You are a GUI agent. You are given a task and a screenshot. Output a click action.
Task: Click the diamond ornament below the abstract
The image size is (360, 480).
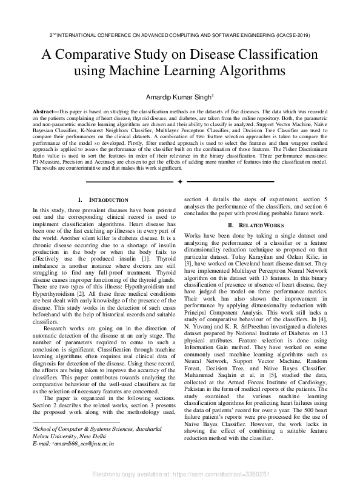tap(180, 181)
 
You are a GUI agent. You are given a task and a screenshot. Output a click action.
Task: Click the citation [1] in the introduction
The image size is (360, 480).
tap(148, 259)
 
